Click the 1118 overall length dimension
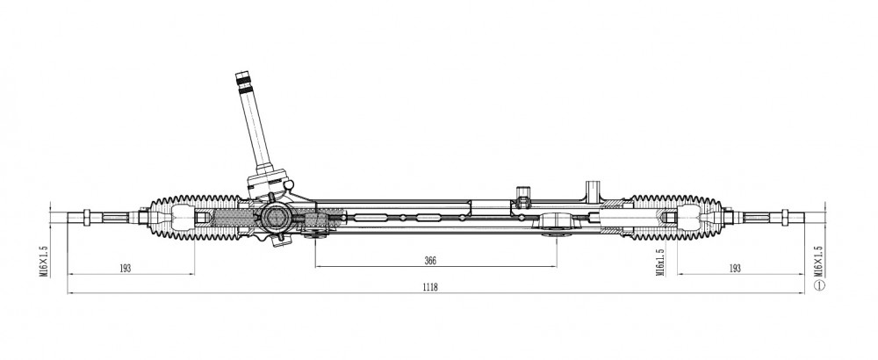coord(430,287)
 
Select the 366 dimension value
coord(430,261)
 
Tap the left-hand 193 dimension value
coord(125,268)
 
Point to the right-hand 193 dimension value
coord(735,268)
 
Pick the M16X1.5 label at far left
coord(44,261)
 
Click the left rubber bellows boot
coord(194,218)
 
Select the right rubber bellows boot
coord(676,218)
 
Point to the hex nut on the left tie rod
coord(87,218)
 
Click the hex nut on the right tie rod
coord(784,218)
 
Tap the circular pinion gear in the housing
coord(276,217)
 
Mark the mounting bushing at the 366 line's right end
coord(557,223)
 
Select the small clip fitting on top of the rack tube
coord(523,197)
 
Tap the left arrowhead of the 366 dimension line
coord(319,267)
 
